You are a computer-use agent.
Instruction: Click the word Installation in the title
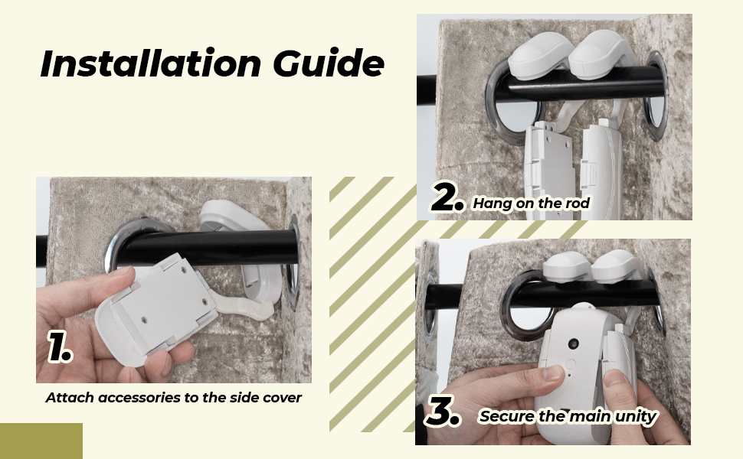[149, 64]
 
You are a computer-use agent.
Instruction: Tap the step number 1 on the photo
[59, 348]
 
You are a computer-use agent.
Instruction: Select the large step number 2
[447, 200]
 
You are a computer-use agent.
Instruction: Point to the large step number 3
[444, 412]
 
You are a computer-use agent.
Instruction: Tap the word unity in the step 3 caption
[636, 417]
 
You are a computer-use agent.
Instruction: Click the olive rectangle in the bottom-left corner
[41, 441]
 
